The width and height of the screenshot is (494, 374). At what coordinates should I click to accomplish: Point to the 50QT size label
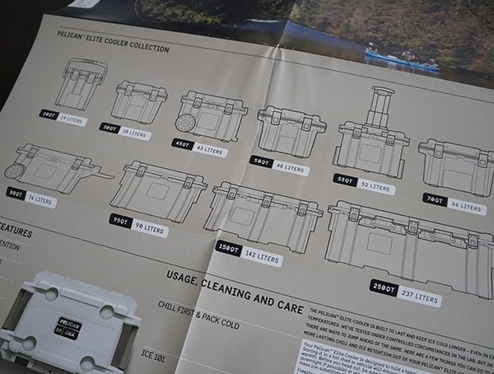[x=263, y=163]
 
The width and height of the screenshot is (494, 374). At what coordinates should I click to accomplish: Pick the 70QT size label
[x=436, y=199]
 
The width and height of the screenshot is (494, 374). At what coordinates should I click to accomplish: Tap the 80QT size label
[x=16, y=193]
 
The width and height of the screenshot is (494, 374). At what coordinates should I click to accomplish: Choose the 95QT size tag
[x=121, y=220]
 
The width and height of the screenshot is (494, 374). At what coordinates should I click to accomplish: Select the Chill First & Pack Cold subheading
[x=198, y=315]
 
